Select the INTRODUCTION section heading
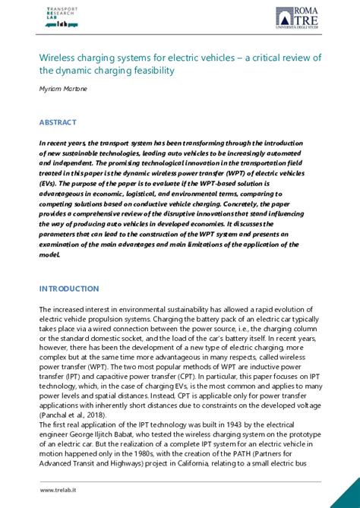69,289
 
